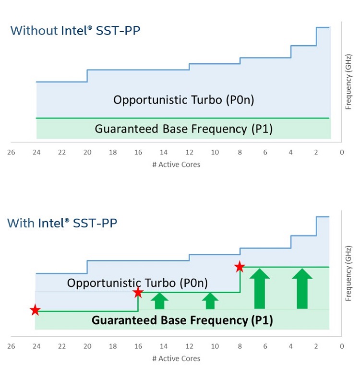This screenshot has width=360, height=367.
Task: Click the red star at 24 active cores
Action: [35, 310]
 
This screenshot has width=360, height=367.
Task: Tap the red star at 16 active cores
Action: [138, 292]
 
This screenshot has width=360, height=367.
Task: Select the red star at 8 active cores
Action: [240, 267]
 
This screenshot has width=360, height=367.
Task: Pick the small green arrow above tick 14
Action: [160, 301]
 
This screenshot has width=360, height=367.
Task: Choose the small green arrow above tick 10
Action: [210, 301]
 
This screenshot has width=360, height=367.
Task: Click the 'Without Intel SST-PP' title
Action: [75, 31]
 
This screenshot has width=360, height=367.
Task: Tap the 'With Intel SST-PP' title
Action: [62, 223]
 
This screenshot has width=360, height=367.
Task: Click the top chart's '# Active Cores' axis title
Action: [176, 165]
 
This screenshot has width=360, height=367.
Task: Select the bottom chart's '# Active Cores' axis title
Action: [176, 358]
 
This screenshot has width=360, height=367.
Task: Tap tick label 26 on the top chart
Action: [11, 153]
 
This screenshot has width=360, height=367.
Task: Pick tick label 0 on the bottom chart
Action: [342, 346]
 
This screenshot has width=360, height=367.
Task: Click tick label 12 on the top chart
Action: [189, 153]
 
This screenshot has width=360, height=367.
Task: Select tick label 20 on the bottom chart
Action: [87, 346]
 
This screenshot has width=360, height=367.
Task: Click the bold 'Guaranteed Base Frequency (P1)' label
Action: [182, 320]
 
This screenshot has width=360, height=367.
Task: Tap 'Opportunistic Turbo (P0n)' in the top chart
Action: [184, 100]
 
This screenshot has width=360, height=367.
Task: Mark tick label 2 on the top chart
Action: [316, 153]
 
